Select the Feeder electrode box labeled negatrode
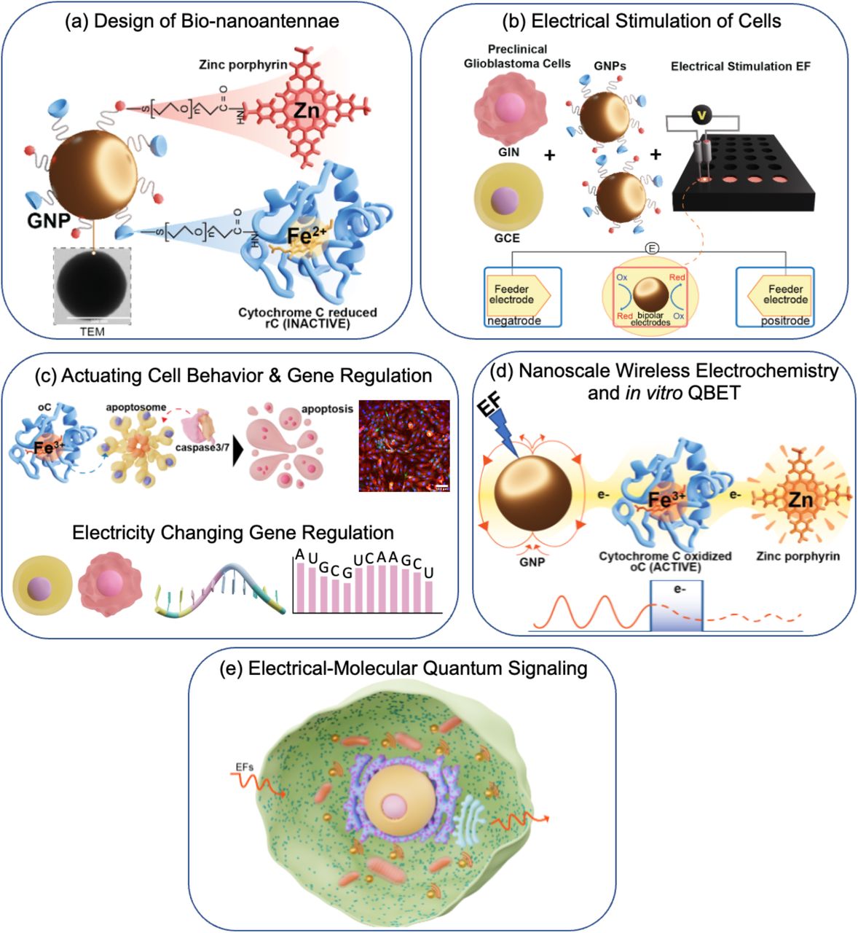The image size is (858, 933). [x=524, y=296]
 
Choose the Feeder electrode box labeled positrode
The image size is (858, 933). [x=775, y=296]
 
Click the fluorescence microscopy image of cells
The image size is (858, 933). [x=404, y=445]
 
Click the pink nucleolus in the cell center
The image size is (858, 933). [x=395, y=807]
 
